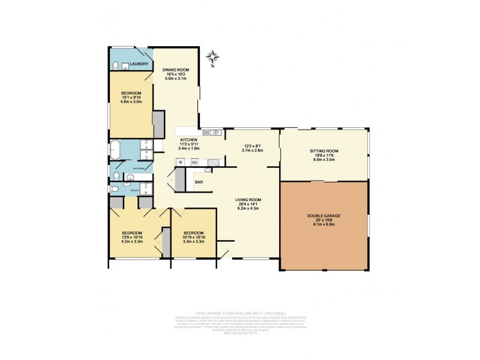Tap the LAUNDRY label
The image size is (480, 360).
coord(140,65)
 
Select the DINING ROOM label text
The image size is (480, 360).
coord(176,70)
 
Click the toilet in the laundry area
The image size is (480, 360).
coord(115,65)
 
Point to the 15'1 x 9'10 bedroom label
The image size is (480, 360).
coord(131,97)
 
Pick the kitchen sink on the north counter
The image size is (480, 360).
coord(208,133)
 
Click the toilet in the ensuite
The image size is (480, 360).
coord(115,189)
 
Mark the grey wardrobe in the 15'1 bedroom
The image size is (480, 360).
coord(159,124)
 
